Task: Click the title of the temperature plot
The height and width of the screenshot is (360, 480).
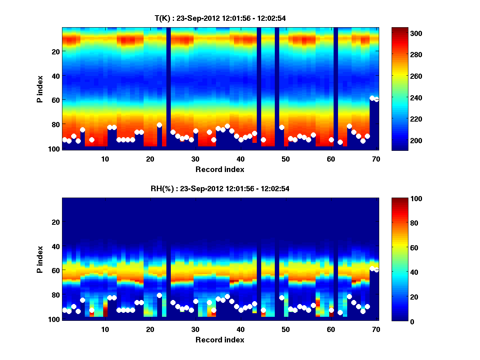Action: (x=220, y=18)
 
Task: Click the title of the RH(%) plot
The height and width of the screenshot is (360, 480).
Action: (x=220, y=189)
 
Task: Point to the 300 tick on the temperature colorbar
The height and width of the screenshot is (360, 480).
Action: (x=402, y=33)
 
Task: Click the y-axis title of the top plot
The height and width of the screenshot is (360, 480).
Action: (x=40, y=89)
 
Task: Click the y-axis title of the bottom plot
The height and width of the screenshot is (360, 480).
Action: (x=40, y=259)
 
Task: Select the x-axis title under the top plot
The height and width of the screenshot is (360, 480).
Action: (x=220, y=169)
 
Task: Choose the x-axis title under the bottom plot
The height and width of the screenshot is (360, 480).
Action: (x=220, y=340)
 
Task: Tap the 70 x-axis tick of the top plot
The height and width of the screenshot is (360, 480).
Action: (x=376, y=159)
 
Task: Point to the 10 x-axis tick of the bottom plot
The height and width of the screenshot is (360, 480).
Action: (x=105, y=329)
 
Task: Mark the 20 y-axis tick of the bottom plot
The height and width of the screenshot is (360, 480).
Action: (x=56, y=222)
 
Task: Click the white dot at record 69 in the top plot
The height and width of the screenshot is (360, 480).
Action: (x=372, y=98)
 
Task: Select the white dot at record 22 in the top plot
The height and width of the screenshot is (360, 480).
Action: (x=159, y=125)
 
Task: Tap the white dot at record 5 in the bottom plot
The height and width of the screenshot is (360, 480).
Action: (x=82, y=300)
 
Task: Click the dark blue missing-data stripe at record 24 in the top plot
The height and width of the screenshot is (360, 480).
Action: (x=168, y=88)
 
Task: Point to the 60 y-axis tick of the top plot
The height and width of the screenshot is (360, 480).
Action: (x=56, y=100)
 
